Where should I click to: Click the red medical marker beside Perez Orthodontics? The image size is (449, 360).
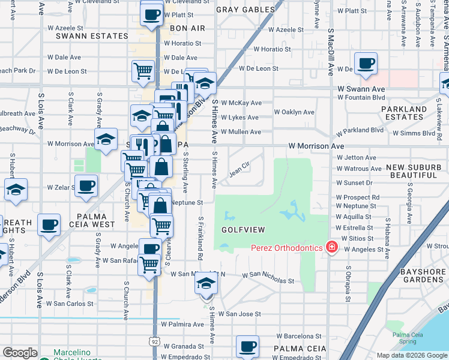(330, 247)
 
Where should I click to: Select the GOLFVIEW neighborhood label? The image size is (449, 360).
(240, 230)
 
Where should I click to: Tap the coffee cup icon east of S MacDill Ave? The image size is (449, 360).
(365, 64)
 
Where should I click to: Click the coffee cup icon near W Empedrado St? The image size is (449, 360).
(247, 347)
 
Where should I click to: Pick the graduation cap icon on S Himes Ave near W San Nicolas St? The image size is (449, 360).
(206, 284)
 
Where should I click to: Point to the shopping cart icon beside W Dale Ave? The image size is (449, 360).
(143, 70)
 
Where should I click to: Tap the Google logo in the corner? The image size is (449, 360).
(20, 353)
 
